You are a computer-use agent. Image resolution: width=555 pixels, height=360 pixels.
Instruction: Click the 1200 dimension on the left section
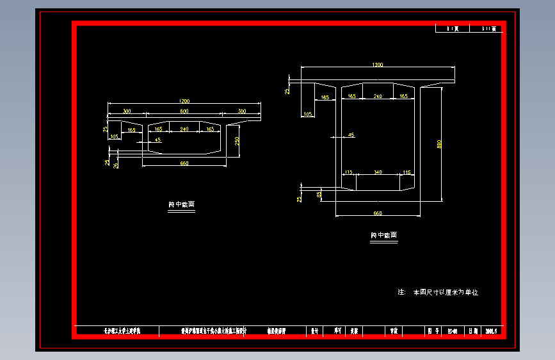tap(184, 101)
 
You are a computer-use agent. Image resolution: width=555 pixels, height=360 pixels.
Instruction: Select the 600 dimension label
tap(184, 111)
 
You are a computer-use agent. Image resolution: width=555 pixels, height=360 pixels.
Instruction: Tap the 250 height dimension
tap(236, 141)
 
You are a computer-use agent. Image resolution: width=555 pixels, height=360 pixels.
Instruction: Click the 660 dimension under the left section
tap(184, 164)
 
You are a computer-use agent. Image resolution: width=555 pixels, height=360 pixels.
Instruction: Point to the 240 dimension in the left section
tap(184, 129)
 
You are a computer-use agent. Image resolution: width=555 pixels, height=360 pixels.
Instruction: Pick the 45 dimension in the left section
tap(158, 139)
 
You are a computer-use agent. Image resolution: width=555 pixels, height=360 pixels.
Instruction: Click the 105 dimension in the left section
tap(115, 136)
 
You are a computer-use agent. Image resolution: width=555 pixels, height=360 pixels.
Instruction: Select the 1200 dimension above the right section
tap(378, 65)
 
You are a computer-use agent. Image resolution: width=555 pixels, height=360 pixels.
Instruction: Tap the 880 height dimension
tap(439, 144)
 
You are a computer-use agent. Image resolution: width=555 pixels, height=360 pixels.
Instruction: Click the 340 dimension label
tap(378, 172)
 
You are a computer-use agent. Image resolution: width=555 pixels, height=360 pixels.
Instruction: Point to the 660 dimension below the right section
tap(378, 213)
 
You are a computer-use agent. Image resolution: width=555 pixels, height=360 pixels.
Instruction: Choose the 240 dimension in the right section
tap(378, 96)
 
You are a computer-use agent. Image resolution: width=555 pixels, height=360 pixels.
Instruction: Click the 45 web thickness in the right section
tap(351, 135)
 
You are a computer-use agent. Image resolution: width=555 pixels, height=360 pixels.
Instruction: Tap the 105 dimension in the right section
tap(308, 114)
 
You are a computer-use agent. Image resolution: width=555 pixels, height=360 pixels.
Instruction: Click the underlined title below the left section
tap(181, 205)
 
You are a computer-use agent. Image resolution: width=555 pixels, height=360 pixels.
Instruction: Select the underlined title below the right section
tap(383, 236)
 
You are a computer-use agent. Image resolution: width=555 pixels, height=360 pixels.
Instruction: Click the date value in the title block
tap(492, 331)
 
